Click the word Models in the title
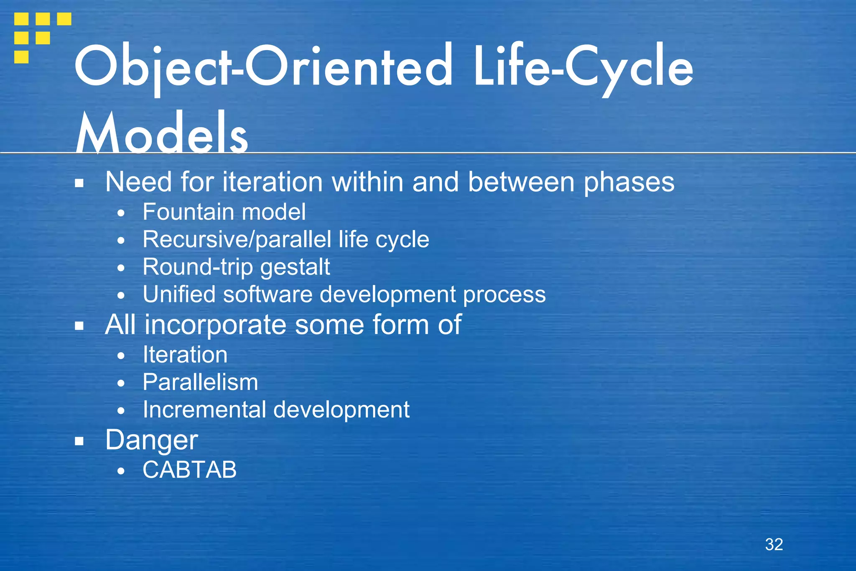point(162,133)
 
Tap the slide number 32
point(774,544)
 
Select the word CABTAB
point(189,469)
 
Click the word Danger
point(151,440)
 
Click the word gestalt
point(295,268)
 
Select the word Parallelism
point(200,382)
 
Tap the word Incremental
point(204,410)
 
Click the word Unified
point(179,294)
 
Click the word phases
point(629,183)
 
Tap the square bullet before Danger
point(79,440)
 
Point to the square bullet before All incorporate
point(79,325)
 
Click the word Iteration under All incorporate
point(185,355)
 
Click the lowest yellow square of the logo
point(21,57)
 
